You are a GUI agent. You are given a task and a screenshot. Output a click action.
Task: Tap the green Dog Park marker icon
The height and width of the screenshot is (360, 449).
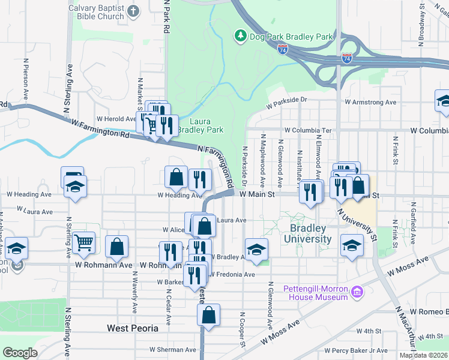click(x=241, y=36)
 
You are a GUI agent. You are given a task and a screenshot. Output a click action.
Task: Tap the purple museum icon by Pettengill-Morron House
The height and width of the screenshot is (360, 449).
click(x=357, y=292)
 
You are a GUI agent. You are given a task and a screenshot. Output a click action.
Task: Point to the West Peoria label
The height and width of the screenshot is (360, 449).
click(x=133, y=328)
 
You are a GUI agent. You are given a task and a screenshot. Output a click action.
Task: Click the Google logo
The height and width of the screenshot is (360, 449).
click(x=20, y=353)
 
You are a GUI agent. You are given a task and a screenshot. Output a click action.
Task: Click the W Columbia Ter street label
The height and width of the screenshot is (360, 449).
click(x=308, y=130)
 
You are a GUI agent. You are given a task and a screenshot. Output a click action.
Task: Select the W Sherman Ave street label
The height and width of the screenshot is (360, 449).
click(x=173, y=349)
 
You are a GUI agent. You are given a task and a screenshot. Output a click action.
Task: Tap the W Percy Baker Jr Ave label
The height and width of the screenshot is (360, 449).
click(x=356, y=350)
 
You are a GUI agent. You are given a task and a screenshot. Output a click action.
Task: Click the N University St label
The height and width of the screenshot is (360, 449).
click(x=357, y=224)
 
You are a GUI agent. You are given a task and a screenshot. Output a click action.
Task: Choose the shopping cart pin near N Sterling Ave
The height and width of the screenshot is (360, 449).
click(x=85, y=242)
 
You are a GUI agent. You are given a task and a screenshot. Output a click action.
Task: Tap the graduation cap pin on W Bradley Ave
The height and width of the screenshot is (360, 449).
click(x=256, y=249)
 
